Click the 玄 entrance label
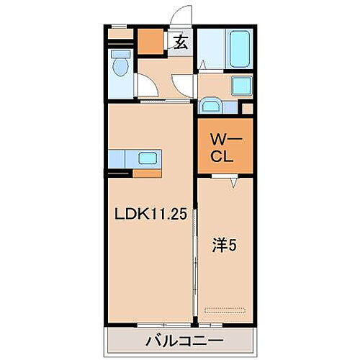point(181,42)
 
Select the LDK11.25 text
point(150,213)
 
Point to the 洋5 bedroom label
point(224,246)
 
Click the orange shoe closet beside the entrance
point(150,42)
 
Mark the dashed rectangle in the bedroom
point(225,310)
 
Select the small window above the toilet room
point(121,33)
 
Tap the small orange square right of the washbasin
point(247,109)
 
